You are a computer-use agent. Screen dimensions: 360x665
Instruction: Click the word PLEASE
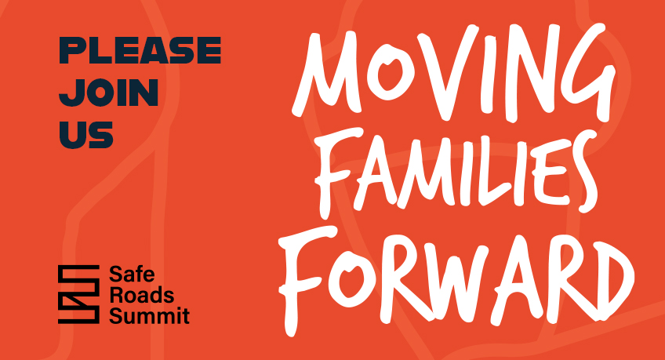point(140,53)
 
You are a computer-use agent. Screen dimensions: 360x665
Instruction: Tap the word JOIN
point(109,93)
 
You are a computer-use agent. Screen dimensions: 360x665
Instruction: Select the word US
point(86,135)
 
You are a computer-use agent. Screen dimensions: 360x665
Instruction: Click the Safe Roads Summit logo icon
point(78,294)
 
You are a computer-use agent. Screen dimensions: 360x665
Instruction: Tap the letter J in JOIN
point(71,93)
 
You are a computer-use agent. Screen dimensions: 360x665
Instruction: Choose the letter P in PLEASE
point(72,53)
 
